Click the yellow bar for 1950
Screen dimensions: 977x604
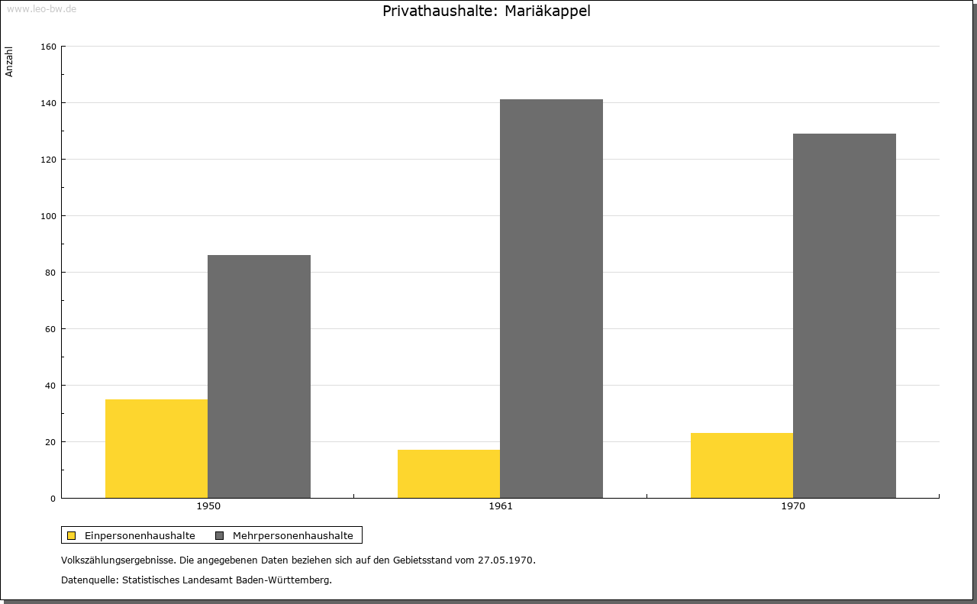click(x=156, y=449)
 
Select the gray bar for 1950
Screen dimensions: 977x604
click(x=259, y=376)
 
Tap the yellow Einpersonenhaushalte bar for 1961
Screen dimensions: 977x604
click(x=449, y=474)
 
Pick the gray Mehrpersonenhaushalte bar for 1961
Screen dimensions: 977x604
click(x=551, y=299)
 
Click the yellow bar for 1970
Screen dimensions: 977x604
click(x=742, y=465)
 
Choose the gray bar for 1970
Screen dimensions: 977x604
click(x=844, y=316)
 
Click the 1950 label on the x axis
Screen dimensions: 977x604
click(x=208, y=506)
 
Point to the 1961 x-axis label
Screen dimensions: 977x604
click(x=501, y=506)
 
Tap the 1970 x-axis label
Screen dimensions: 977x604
click(x=793, y=506)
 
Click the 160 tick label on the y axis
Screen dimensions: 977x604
click(x=48, y=47)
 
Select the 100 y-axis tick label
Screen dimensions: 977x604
click(x=48, y=216)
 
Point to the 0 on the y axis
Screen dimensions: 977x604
click(x=53, y=499)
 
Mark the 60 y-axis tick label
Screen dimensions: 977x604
click(x=50, y=329)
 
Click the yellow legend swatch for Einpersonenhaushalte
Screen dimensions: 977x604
click(x=71, y=535)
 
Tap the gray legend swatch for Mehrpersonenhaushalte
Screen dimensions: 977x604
click(x=219, y=535)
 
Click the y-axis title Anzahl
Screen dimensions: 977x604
click(x=9, y=62)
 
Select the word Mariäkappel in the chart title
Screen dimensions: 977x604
click(x=547, y=11)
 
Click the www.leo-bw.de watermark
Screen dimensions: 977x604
click(x=41, y=8)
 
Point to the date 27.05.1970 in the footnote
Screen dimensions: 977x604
click(x=506, y=560)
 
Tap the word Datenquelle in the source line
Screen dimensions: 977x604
click(x=89, y=580)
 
